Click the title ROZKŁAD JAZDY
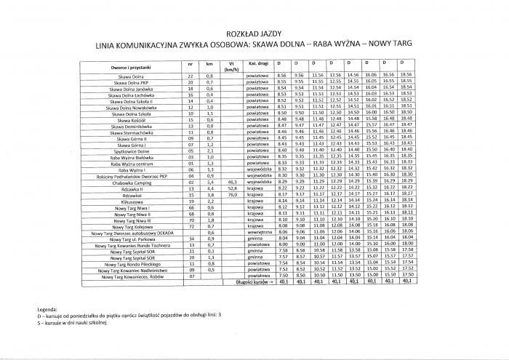click(254, 33)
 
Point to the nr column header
click(191, 64)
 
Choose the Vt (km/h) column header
click(232, 66)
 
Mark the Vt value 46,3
click(233, 182)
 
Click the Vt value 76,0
click(233, 195)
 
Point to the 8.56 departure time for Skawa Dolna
click(282, 75)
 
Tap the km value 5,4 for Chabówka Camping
click(209, 182)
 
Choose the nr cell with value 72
click(191, 225)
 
